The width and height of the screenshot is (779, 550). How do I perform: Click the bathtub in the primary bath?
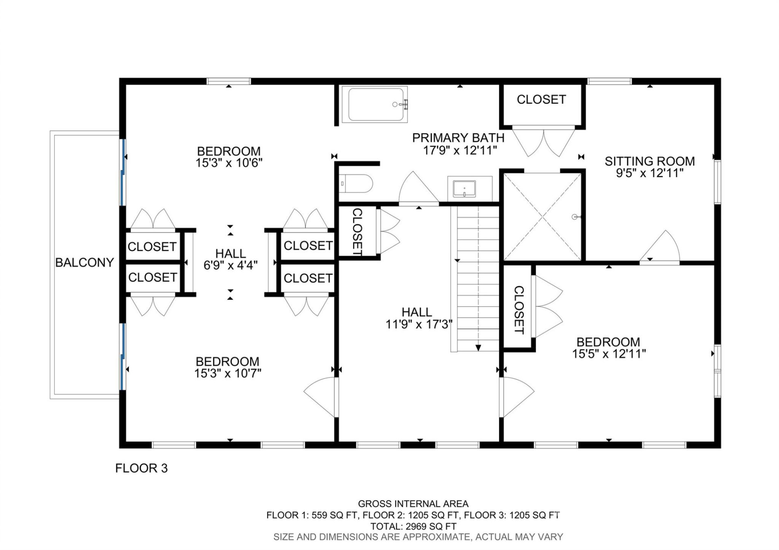click(374, 105)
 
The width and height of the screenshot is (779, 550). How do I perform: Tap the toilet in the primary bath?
click(356, 184)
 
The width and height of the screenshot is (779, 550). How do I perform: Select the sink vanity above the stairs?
click(469, 189)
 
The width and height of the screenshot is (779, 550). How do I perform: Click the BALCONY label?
click(84, 263)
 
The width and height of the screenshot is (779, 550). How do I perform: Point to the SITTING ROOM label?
click(650, 161)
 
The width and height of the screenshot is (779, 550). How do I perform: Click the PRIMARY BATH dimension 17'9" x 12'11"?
click(460, 150)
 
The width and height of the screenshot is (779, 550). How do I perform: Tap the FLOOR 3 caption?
click(141, 468)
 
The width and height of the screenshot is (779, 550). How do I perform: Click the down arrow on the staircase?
click(478, 348)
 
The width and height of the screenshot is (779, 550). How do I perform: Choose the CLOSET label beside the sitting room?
click(541, 99)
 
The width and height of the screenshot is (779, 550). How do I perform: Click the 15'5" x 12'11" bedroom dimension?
click(609, 354)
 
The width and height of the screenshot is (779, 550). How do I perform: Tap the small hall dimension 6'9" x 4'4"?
click(230, 265)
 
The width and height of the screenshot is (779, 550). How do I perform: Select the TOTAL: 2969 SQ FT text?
click(413, 526)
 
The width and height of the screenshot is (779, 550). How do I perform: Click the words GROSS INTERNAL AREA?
click(413, 504)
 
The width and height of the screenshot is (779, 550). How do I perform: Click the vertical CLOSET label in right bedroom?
click(519, 310)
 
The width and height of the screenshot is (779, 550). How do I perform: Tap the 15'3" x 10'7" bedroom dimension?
click(228, 373)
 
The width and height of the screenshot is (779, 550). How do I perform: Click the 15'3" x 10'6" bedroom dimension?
click(229, 163)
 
